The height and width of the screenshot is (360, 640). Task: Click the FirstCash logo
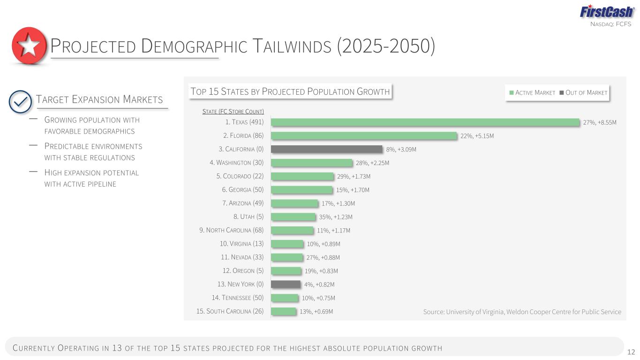point(607,12)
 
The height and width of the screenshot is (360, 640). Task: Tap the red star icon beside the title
point(29,46)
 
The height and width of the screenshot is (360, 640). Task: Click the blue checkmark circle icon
point(20,102)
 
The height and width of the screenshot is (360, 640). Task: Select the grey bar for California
point(327,149)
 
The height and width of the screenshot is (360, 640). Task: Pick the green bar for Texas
point(425,122)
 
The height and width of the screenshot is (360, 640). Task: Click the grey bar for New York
point(286,284)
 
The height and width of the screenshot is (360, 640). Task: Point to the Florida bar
point(364,136)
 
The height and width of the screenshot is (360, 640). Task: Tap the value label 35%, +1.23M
point(336,217)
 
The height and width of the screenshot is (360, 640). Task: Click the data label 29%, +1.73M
point(354,176)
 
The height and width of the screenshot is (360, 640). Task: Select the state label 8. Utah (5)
point(248,217)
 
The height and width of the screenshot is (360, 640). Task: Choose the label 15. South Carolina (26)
point(230,311)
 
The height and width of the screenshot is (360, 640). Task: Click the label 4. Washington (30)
point(237,163)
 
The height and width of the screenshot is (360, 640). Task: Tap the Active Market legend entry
point(532,92)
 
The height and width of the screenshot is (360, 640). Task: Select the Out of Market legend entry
point(583,92)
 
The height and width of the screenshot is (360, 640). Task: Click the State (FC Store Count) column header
point(233,112)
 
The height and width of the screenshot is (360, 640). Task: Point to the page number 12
point(631,352)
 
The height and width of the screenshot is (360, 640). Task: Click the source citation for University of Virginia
point(522,312)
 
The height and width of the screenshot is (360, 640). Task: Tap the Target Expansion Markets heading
point(99,99)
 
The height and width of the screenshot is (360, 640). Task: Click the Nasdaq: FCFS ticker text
point(611,24)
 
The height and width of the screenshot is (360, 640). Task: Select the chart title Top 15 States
point(290,91)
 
